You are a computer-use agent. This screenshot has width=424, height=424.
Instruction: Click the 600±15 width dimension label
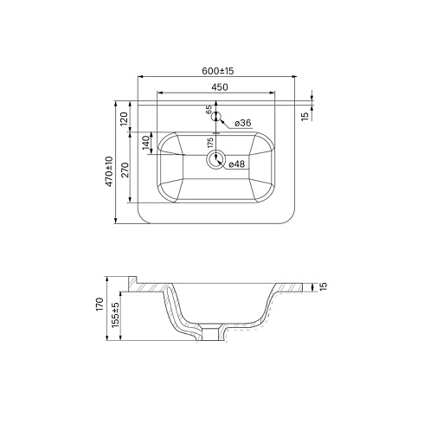tap(218, 71)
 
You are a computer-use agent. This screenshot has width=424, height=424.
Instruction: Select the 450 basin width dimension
tap(220, 87)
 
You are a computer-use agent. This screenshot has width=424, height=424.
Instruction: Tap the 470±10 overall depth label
tap(109, 171)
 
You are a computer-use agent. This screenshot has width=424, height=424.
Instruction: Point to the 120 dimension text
tap(124, 119)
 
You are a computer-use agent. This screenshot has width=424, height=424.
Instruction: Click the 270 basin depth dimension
tap(125, 170)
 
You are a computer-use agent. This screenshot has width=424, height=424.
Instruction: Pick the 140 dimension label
tap(146, 143)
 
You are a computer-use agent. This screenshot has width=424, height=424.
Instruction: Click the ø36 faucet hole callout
tap(243, 123)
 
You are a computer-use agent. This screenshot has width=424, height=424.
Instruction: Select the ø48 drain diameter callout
tap(237, 164)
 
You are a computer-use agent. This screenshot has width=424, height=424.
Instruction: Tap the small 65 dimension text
tap(209, 110)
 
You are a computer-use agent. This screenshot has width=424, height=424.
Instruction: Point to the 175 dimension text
tap(210, 143)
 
